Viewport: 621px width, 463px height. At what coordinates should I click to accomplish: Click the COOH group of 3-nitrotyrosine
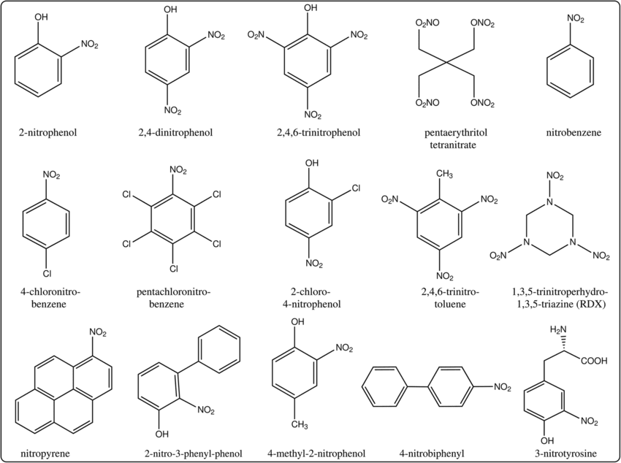coord(594,359)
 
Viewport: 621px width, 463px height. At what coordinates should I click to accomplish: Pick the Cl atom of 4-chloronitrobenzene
coord(47,274)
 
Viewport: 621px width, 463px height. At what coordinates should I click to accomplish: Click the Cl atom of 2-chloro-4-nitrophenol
coord(356,188)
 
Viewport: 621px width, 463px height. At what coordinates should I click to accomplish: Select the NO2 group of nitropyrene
coord(98,332)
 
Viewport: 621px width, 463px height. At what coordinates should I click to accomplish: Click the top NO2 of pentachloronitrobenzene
coord(178,170)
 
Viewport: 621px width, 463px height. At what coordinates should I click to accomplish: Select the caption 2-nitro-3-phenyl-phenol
coord(193,453)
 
